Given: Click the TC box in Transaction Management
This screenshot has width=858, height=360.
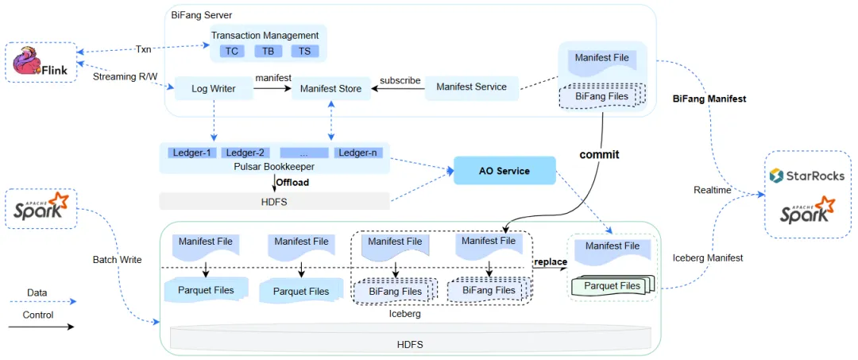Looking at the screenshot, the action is (231, 52).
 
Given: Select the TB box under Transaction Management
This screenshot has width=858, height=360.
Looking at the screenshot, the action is (269, 52).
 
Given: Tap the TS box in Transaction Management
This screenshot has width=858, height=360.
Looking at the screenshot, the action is (305, 52).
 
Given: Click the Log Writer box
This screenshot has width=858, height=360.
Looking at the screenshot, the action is (214, 88).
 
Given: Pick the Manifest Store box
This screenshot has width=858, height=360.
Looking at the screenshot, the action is (331, 88).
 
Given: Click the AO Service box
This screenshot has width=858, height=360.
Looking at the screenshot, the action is (504, 171).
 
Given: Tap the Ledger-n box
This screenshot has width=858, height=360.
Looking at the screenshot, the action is (358, 153).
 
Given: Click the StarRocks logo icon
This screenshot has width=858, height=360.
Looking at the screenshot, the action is (776, 175).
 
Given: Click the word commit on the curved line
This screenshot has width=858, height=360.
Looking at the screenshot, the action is (599, 155).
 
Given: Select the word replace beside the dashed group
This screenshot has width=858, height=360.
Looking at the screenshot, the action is (551, 261).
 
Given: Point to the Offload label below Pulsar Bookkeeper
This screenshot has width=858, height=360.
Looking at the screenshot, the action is (292, 182).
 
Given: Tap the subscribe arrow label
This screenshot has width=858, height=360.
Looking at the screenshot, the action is (400, 80).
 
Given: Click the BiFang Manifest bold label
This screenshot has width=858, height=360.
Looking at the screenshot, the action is (709, 99).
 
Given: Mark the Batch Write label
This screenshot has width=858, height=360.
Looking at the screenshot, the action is (117, 259).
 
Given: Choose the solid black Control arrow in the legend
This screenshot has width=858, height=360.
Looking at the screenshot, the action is (41, 327).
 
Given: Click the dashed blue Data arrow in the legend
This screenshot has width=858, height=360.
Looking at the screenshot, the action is (41, 301).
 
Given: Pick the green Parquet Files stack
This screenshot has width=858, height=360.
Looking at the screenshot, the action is (613, 285).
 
